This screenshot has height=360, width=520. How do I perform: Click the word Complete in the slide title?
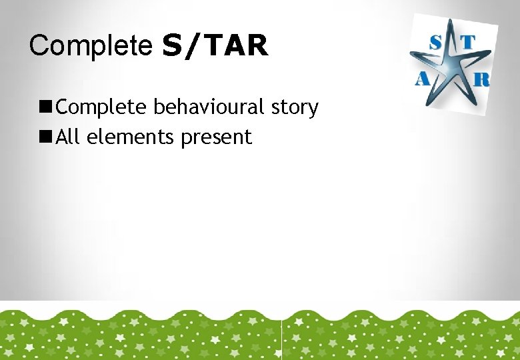click(x=91, y=45)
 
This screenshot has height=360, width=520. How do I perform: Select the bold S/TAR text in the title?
click(x=215, y=45)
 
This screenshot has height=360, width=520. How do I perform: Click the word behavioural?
click(x=210, y=107)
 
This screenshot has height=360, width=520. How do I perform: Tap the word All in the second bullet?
click(x=69, y=137)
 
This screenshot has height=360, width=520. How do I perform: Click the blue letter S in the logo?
click(x=436, y=41)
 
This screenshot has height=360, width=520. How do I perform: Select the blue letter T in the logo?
click(x=468, y=42)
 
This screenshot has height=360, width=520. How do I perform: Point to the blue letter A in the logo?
click(x=422, y=79)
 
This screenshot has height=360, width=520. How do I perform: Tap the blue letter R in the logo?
click(x=481, y=79)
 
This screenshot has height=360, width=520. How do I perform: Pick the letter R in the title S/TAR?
click(x=257, y=45)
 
